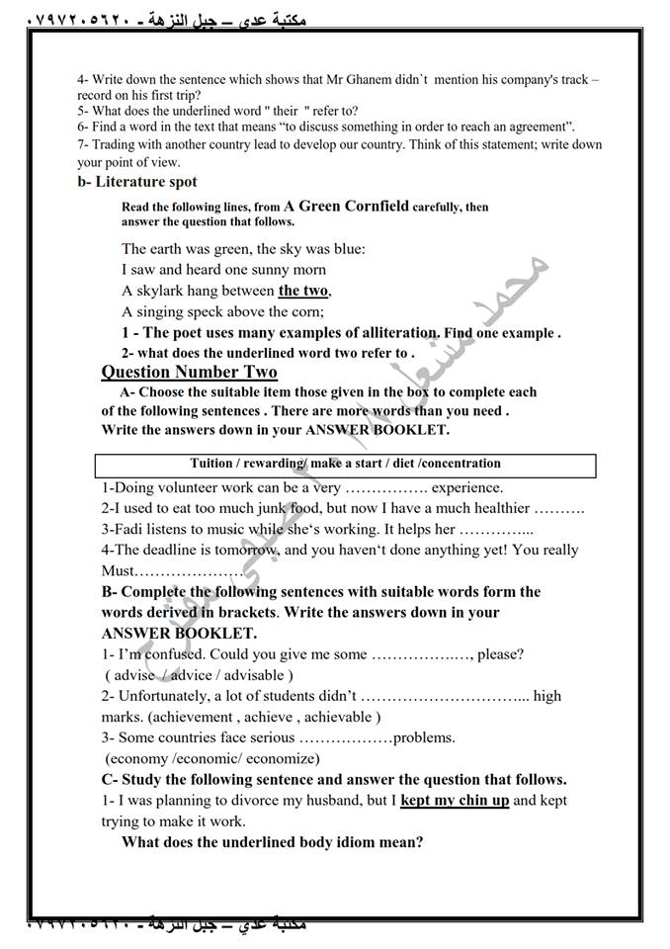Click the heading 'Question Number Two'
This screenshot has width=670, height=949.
190,372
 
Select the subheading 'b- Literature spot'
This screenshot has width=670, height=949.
137,182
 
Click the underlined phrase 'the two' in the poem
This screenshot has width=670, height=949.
303,291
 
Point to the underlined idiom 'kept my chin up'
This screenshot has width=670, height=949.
455,800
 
